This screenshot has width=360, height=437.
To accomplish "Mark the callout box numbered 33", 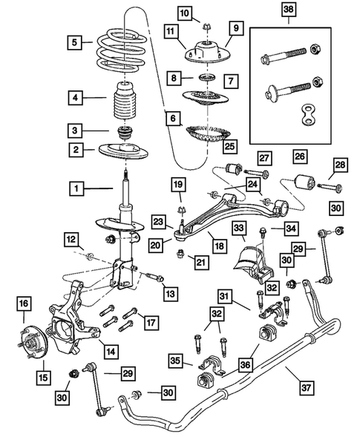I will click(239, 229).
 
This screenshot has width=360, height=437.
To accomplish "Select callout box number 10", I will click(185, 13).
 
